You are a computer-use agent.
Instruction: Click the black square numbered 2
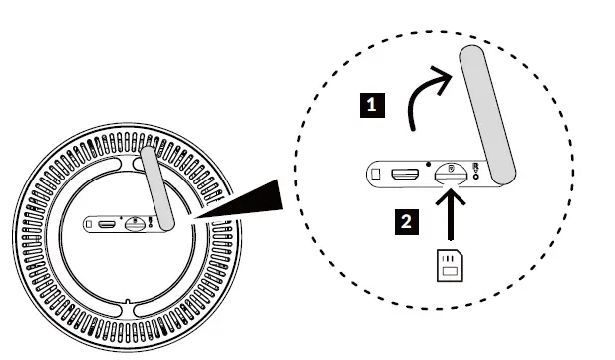(x=404, y=222)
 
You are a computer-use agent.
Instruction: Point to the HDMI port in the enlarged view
(x=404, y=175)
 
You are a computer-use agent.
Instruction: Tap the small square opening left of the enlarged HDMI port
(x=375, y=175)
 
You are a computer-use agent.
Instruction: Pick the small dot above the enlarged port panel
(x=428, y=160)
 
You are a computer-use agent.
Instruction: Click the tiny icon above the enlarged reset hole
(x=479, y=167)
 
